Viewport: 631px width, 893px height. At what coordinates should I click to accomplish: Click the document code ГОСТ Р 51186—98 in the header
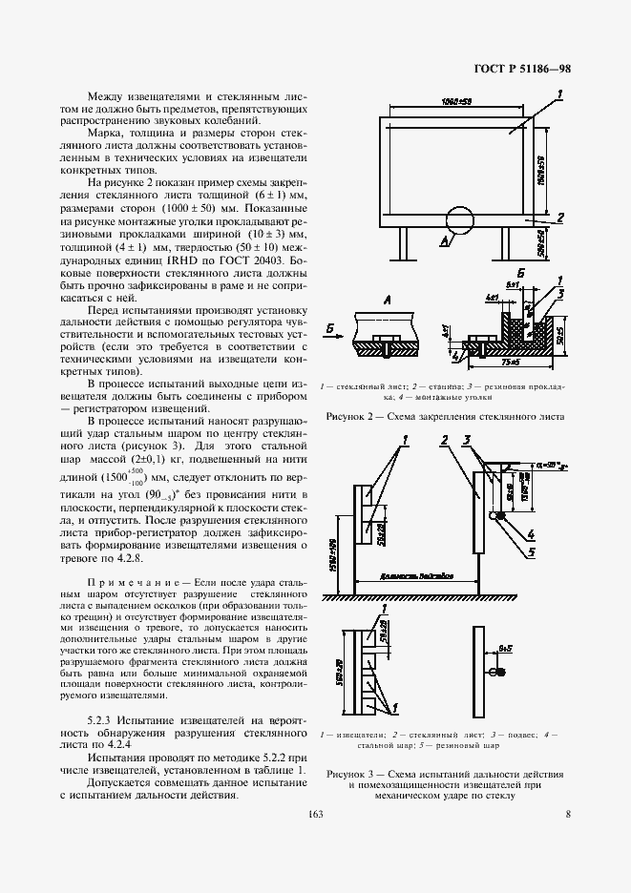(x=523, y=69)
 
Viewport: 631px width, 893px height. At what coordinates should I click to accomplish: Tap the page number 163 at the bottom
(x=315, y=814)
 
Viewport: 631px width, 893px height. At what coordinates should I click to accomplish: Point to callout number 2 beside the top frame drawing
(x=561, y=217)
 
